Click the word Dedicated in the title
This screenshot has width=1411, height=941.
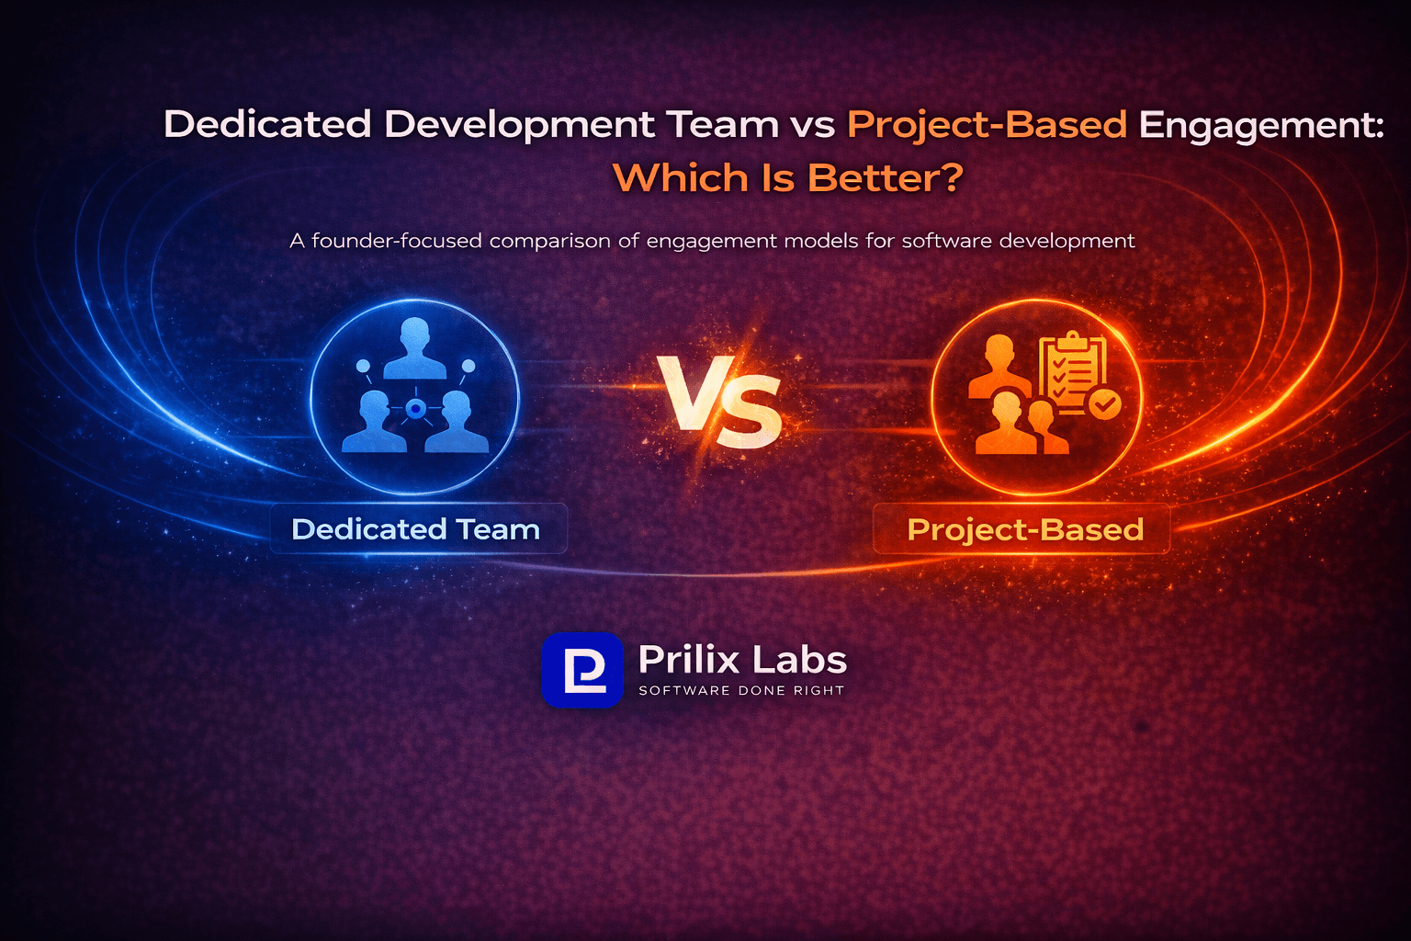pos(267,124)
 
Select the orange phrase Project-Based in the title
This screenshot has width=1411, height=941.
pos(987,124)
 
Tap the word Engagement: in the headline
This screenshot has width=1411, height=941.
pos(1260,125)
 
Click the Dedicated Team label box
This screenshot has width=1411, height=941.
pos(418,529)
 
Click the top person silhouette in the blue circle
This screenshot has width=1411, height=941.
pos(415,349)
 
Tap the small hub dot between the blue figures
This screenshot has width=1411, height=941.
pos(415,409)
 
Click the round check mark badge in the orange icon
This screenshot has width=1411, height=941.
pos(1104,403)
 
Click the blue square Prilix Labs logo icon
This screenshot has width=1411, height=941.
pos(582,670)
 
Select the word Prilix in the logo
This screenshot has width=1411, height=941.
pos(689,660)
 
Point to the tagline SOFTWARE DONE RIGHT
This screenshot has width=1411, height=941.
pos(741,690)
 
